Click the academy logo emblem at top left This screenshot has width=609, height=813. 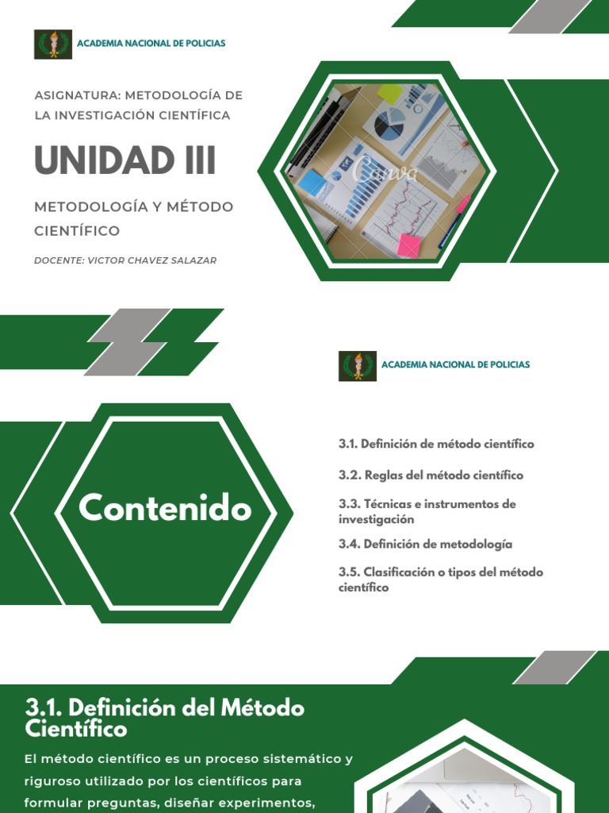[53, 44]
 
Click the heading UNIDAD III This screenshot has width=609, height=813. [125, 160]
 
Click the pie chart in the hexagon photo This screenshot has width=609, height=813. [389, 124]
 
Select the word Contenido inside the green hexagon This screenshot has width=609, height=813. [165, 508]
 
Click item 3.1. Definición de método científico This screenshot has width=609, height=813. [436, 444]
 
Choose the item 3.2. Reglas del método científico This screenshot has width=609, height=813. [431, 475]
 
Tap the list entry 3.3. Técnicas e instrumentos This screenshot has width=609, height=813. [427, 511]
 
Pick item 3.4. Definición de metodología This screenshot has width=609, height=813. [425, 544]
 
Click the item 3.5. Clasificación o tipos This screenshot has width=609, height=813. [440, 580]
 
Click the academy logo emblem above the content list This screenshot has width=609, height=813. [358, 365]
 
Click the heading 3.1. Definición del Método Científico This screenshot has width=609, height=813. [164, 717]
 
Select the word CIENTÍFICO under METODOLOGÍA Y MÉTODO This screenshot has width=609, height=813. [77, 231]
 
